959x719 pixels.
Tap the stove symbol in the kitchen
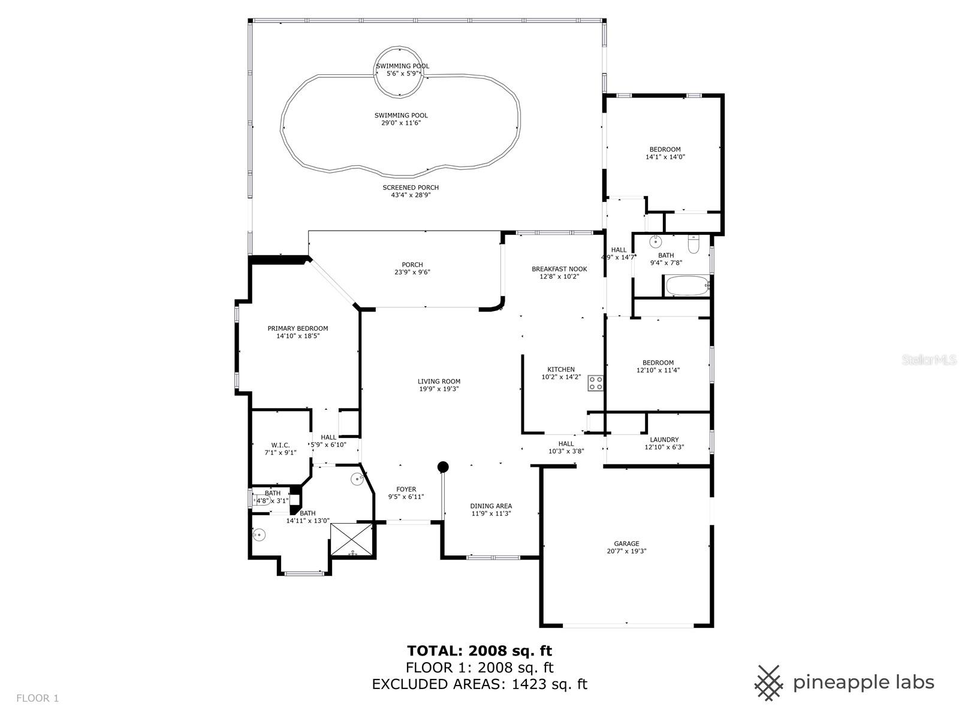point(595,383)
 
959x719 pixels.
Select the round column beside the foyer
point(443,467)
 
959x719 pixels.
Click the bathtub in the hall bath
point(687,286)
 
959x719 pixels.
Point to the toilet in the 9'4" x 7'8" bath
point(693,244)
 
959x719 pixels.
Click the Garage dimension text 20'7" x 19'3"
point(626,551)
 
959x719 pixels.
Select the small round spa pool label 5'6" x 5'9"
point(402,74)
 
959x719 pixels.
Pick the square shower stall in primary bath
point(352,540)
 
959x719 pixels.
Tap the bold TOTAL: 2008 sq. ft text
point(479,651)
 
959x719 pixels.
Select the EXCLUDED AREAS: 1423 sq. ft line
point(479,684)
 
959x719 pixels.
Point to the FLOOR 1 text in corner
point(37,698)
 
